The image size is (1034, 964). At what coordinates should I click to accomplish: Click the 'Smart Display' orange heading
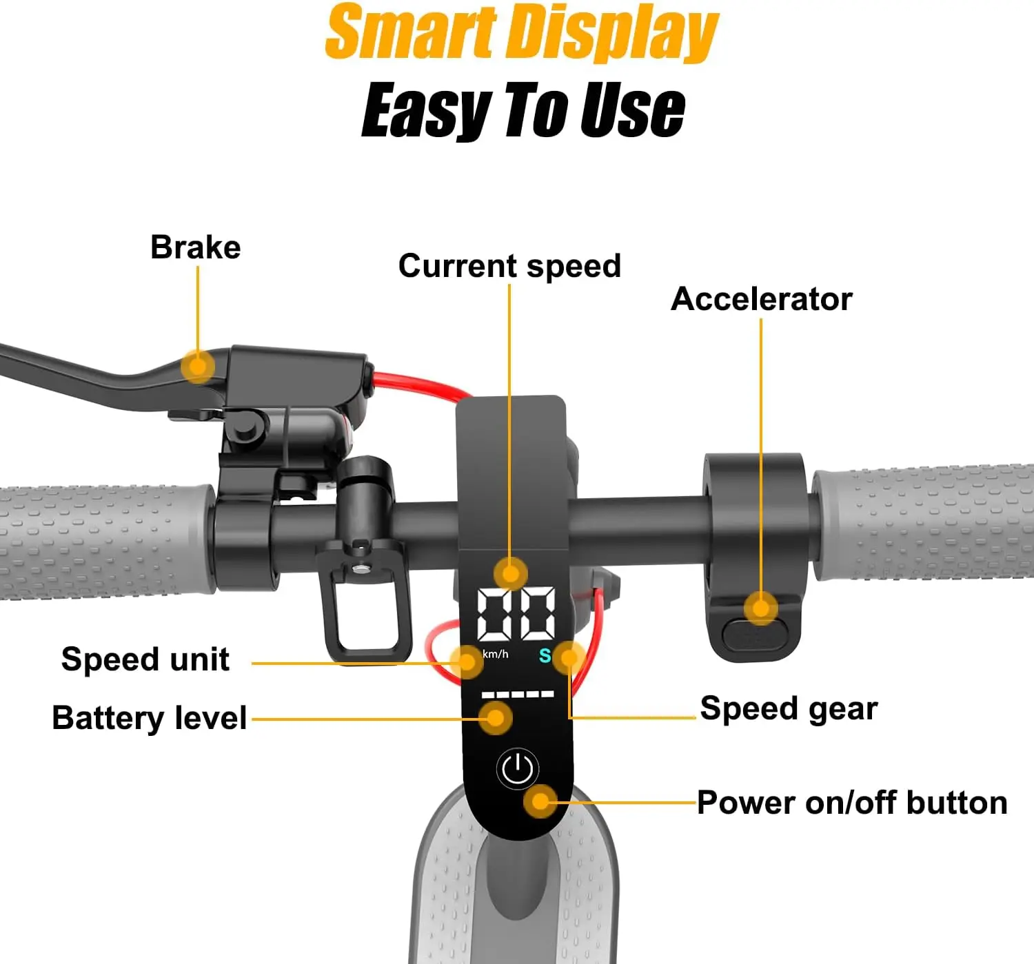click(522, 32)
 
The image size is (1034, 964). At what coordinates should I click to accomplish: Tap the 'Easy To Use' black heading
click(523, 110)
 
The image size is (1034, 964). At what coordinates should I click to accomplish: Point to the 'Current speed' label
click(509, 267)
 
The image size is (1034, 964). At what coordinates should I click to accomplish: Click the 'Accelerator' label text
click(761, 299)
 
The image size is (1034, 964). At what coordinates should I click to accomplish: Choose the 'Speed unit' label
click(145, 659)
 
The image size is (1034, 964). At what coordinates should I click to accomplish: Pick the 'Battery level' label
click(150, 718)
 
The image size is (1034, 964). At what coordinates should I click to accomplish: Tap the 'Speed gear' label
click(789, 709)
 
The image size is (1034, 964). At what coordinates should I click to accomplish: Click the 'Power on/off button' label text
click(852, 802)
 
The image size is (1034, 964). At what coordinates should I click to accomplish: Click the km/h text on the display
click(495, 654)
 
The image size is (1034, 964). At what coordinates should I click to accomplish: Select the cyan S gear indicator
click(545, 655)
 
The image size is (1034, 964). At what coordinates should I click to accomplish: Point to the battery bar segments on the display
click(518, 694)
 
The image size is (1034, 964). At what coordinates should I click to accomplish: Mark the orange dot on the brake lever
click(198, 367)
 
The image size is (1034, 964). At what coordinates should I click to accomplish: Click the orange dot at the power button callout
click(541, 801)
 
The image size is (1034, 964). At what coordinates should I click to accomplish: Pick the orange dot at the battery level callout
click(495, 718)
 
